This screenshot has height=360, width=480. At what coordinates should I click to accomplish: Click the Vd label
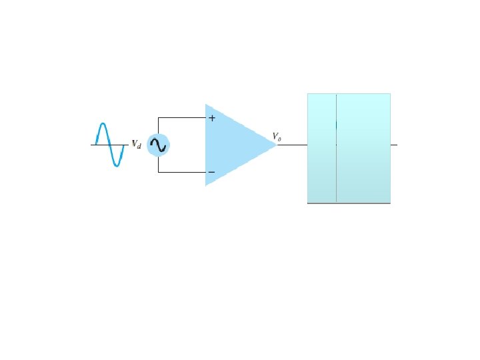click(x=135, y=144)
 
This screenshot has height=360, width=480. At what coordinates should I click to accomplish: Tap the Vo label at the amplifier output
click(x=276, y=137)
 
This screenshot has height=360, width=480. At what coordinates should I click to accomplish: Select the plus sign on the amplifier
click(x=212, y=118)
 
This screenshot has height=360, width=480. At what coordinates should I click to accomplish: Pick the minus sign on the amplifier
click(x=211, y=172)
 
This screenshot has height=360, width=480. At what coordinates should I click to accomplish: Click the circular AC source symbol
click(x=158, y=145)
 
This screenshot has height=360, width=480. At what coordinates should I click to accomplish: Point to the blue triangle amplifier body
click(x=233, y=145)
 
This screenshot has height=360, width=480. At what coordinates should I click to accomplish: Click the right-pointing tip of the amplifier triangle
click(x=276, y=145)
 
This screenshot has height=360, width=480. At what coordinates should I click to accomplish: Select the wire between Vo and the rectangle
click(x=292, y=145)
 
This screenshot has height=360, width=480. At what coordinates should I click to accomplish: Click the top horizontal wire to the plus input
click(x=181, y=118)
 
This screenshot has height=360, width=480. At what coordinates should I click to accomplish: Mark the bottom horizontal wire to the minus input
click(x=181, y=172)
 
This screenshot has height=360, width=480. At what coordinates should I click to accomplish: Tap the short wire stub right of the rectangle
click(x=393, y=145)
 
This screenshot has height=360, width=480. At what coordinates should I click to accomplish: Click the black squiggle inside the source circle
click(x=159, y=145)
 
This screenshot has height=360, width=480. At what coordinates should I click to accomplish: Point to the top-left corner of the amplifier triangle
click(x=206, y=105)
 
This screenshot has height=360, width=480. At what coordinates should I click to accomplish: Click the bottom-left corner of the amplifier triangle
click(x=206, y=185)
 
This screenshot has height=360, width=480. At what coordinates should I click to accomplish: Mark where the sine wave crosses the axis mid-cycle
click(x=110, y=145)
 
